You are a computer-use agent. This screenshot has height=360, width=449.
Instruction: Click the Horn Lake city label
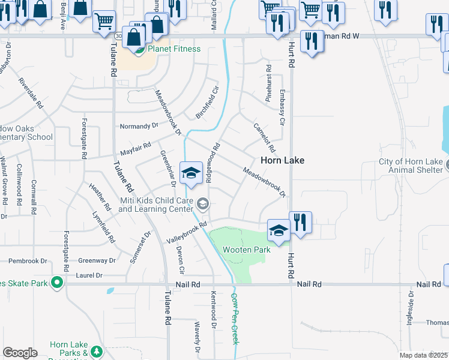[282, 161]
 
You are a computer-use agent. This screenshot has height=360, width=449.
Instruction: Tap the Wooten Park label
[246, 250]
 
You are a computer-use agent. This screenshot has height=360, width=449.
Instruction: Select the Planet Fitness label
[174, 49]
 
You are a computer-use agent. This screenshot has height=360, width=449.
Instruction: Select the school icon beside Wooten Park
[279, 230]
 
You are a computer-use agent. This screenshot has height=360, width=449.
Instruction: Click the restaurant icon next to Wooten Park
[300, 223]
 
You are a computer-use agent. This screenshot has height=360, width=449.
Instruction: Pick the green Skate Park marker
[57, 281]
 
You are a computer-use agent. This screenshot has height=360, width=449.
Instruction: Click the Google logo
[20, 353]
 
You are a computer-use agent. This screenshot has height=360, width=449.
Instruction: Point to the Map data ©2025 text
[423, 355]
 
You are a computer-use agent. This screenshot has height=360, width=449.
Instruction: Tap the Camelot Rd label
[264, 137]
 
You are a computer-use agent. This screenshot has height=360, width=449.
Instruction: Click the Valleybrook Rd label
[187, 232]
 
